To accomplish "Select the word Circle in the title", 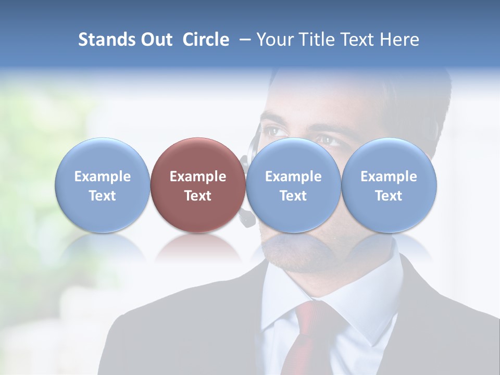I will click(206, 40).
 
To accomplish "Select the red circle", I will click(198, 185).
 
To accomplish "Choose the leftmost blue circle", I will click(103, 185).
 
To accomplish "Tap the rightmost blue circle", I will click(389, 185).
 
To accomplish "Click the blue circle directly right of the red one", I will click(293, 185).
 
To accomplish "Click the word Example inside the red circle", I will click(198, 177).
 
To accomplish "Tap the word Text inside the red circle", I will click(198, 196).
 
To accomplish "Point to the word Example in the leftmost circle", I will click(103, 177).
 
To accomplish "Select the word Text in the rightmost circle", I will click(389, 196).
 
